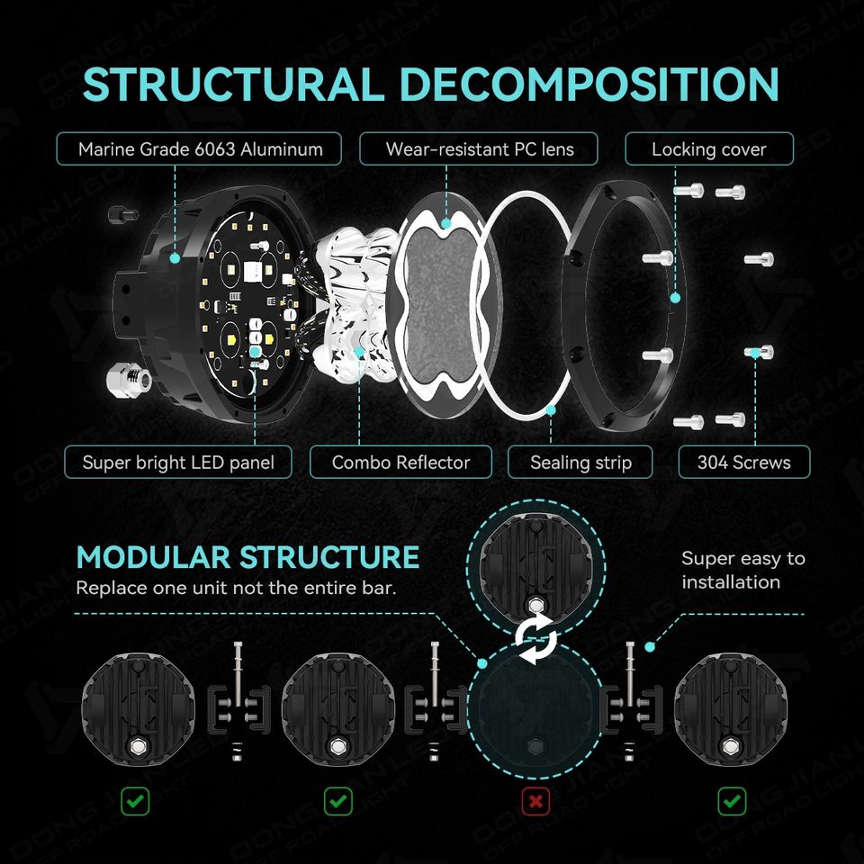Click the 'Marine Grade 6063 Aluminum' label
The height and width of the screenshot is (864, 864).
(x=199, y=148)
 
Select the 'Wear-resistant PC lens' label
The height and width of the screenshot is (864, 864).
(x=479, y=148)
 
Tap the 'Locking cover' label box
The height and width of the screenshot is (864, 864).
(x=708, y=148)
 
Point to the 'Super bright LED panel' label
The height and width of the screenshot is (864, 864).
(x=178, y=463)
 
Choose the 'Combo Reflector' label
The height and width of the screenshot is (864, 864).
(x=400, y=463)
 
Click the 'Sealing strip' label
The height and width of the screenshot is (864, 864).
(x=580, y=463)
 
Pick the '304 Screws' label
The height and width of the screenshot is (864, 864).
(x=743, y=463)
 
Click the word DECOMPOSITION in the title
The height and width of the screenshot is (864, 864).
(x=589, y=84)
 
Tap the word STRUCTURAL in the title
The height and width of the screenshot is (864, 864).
(x=234, y=84)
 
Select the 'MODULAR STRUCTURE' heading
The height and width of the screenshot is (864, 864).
(x=247, y=557)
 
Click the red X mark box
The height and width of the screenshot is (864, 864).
(x=535, y=800)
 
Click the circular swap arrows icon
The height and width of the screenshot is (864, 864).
(x=535, y=641)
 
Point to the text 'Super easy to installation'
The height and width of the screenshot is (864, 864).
(x=742, y=570)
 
